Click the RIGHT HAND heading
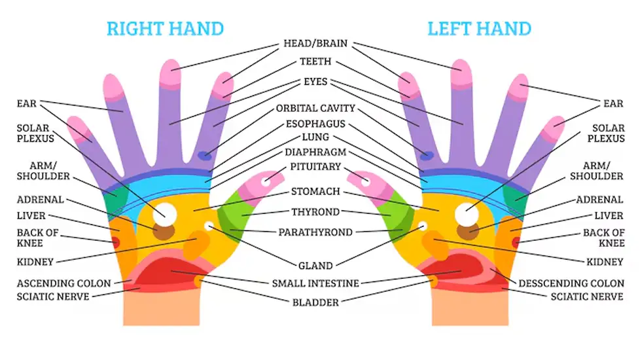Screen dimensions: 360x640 (x=165, y=29)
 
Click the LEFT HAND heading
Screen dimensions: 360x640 (x=479, y=29)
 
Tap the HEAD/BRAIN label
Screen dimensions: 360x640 (x=315, y=45)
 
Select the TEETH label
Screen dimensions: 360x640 (x=315, y=62)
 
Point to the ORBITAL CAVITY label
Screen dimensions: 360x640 (x=315, y=108)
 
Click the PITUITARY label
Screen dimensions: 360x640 (x=315, y=167)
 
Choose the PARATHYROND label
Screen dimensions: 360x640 (x=315, y=232)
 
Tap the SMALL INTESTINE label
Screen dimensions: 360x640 (x=315, y=283)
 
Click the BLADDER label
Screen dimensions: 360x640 (x=315, y=302)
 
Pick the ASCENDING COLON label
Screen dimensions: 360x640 (x=64, y=283)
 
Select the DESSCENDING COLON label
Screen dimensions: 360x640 (x=571, y=283)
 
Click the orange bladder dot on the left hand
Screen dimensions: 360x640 (x=433, y=281)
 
